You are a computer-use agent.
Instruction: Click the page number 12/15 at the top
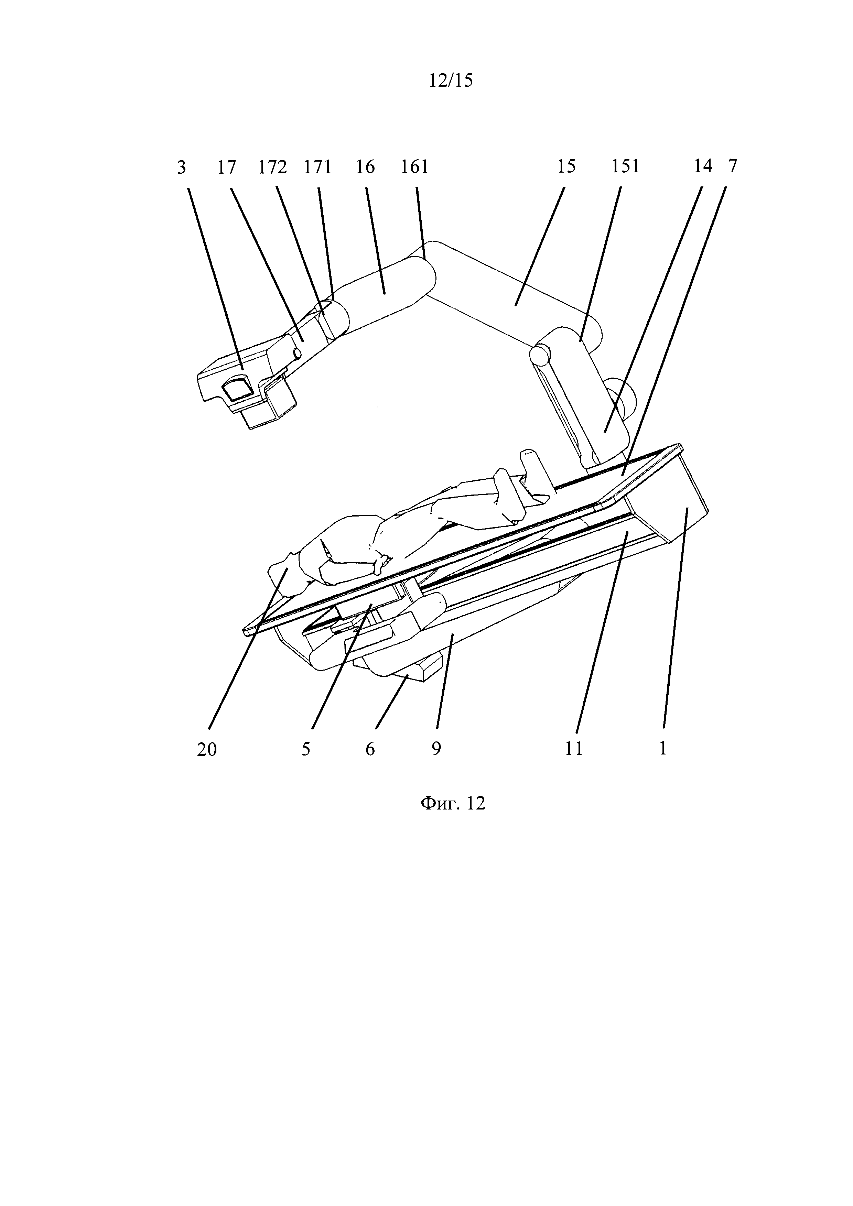click(x=451, y=80)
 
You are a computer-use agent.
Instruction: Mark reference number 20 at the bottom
click(x=207, y=750)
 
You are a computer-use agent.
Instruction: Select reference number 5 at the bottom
click(x=306, y=749)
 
